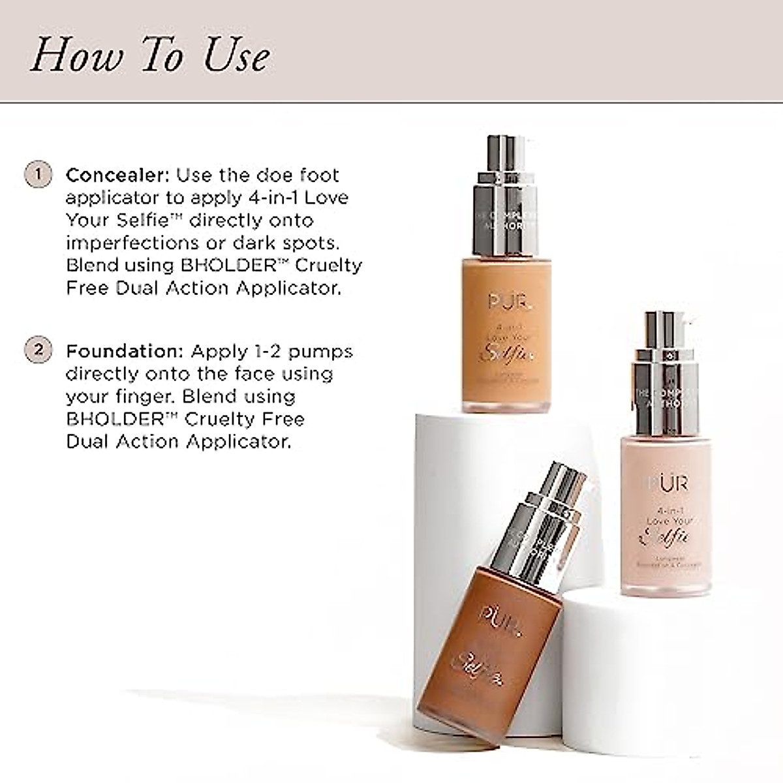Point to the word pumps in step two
[x=320, y=352]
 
